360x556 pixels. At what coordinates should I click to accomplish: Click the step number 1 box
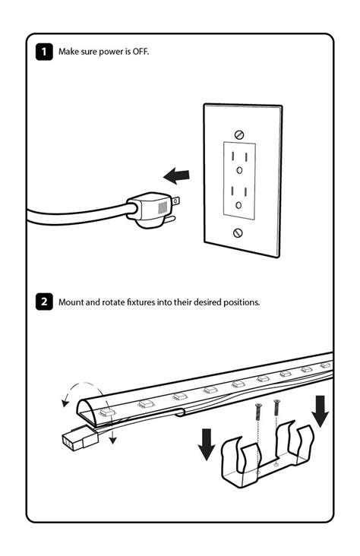[45, 52]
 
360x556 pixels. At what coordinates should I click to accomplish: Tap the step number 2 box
[45, 302]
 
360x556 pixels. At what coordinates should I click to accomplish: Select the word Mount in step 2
[73, 302]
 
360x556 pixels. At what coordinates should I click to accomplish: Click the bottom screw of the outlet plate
[238, 232]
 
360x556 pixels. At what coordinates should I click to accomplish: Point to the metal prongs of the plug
[174, 210]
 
